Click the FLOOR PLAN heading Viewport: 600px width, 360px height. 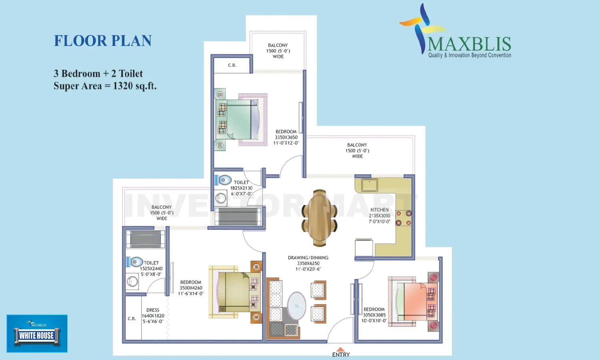point(103,41)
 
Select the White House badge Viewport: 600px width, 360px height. point(37,334)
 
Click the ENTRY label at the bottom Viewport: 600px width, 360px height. point(341,355)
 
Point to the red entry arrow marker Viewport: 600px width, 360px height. point(340,349)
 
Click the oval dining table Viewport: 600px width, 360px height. point(319,218)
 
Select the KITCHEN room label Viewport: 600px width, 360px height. point(379,210)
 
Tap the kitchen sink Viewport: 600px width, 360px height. point(369,185)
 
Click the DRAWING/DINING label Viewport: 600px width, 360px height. point(308,258)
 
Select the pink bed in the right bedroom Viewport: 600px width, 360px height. point(414,301)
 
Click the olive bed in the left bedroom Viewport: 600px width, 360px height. point(234,292)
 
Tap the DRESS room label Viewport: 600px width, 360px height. point(153,310)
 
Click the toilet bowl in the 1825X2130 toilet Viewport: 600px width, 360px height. point(224,180)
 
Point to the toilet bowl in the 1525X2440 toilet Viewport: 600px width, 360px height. point(136,262)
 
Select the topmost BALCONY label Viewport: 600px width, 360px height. point(278,45)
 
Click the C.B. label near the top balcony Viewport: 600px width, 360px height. point(232,65)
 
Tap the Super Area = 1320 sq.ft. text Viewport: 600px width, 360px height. point(105,86)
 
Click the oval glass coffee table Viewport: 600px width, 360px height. point(296,306)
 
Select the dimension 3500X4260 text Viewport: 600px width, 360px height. point(191,288)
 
